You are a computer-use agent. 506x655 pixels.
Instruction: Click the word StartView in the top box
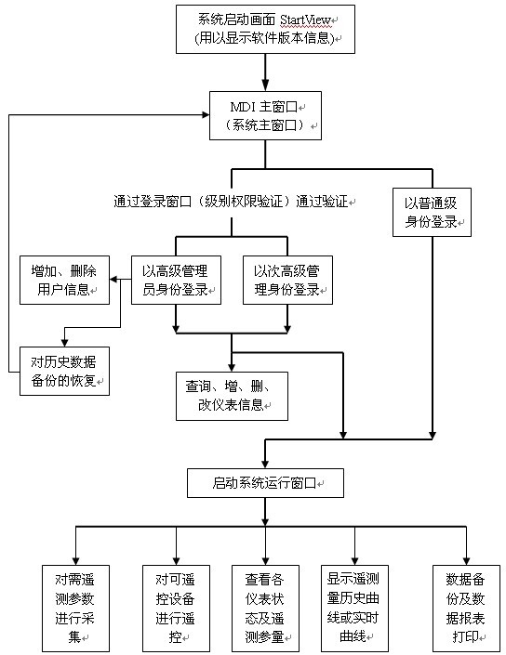pos(305,20)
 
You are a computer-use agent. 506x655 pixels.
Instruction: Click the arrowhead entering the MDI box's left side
pos(206,115)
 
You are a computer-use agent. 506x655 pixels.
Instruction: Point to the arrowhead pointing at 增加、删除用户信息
pos(113,280)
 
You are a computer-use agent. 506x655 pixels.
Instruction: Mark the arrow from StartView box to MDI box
pos(265,72)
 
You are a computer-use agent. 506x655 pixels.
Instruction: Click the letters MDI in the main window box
pos(243,107)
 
